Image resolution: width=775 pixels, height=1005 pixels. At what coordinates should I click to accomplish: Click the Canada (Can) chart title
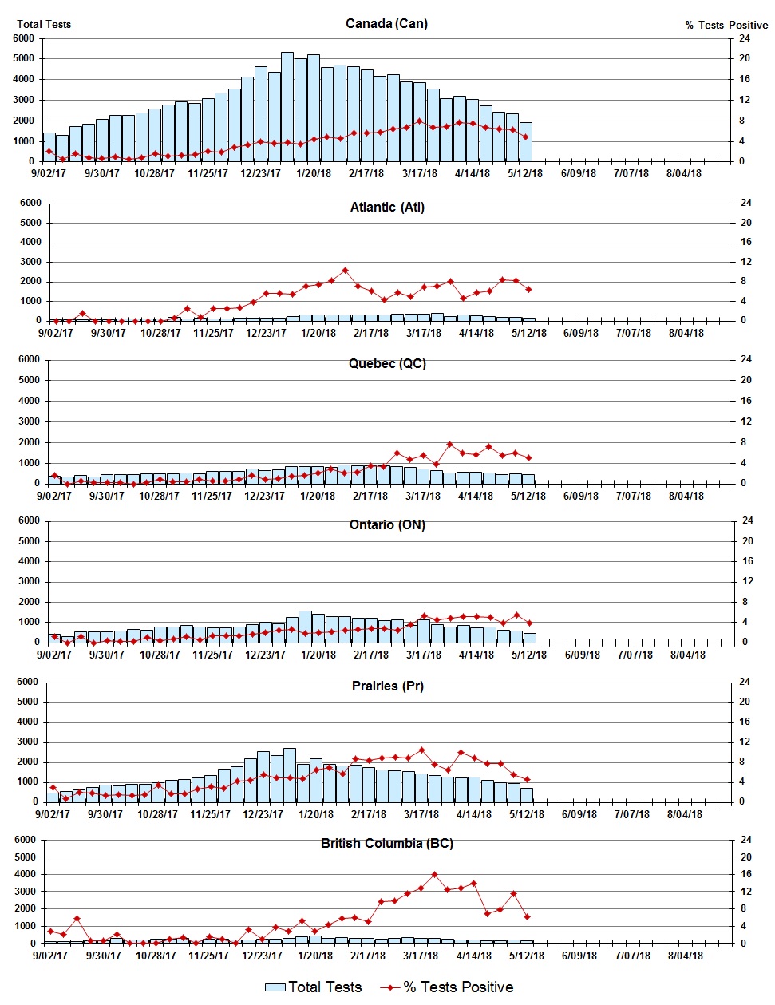pyautogui.click(x=386, y=23)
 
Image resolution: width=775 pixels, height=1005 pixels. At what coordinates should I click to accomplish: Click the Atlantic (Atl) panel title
pyautogui.click(x=387, y=207)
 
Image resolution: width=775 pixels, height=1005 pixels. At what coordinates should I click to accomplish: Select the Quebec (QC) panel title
pyautogui.click(x=387, y=363)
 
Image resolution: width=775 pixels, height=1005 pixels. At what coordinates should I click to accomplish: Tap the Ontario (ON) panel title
pyautogui.click(x=387, y=524)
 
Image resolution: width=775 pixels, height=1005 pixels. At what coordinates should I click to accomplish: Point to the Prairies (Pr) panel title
pyautogui.click(x=387, y=686)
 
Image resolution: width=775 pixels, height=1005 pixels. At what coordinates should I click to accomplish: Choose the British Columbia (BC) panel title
pyautogui.click(x=387, y=843)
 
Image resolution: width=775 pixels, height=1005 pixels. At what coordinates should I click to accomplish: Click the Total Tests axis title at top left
pyautogui.click(x=44, y=24)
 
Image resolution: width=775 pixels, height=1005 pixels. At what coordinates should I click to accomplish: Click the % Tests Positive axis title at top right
pyautogui.click(x=726, y=25)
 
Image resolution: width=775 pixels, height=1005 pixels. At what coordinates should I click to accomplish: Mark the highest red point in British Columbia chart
pyautogui.click(x=434, y=875)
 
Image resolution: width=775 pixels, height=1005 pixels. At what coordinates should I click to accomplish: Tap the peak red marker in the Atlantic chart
pyautogui.click(x=345, y=271)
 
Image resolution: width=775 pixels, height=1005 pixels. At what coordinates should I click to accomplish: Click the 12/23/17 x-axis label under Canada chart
pyautogui.click(x=261, y=173)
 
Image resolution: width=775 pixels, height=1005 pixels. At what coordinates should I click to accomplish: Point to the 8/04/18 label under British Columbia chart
pyautogui.click(x=684, y=956)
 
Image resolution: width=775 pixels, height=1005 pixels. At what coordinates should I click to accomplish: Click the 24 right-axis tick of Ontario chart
pyautogui.click(x=748, y=520)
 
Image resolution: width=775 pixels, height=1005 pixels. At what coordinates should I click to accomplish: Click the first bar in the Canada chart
pyautogui.click(x=49, y=147)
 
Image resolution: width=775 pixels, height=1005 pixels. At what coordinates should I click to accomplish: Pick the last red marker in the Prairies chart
pyautogui.click(x=527, y=780)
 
